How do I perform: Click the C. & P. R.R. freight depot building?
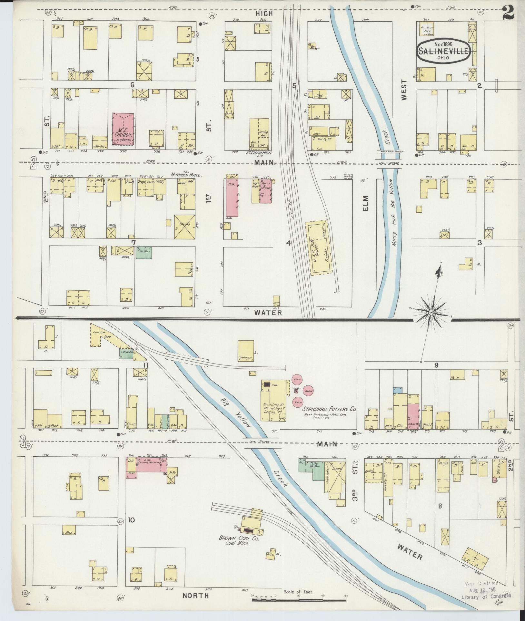[x=319, y=247]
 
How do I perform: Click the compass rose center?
[x=431, y=313]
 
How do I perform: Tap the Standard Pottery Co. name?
[x=329, y=409]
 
